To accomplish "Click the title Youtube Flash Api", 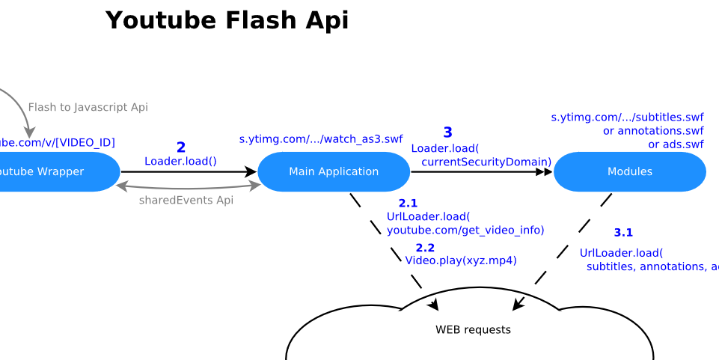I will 227,21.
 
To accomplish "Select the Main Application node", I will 334,172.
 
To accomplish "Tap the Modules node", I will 629,172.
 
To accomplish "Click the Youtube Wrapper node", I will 45,172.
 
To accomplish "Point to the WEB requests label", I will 473,330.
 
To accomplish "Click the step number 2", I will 180,147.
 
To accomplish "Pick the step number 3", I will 447,132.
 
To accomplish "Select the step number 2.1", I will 408,203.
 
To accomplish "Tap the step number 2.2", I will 425,248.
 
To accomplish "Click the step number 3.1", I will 623,233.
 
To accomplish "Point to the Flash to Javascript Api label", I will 88,108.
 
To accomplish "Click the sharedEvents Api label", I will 186,201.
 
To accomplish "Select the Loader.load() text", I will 180,161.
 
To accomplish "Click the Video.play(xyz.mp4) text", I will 461,260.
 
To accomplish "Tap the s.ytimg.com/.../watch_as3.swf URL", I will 321,139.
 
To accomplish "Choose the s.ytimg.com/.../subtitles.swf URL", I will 627,118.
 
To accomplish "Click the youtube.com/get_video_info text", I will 465,230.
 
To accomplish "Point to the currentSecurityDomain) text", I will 486,162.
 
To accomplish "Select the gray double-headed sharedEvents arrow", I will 188,186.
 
